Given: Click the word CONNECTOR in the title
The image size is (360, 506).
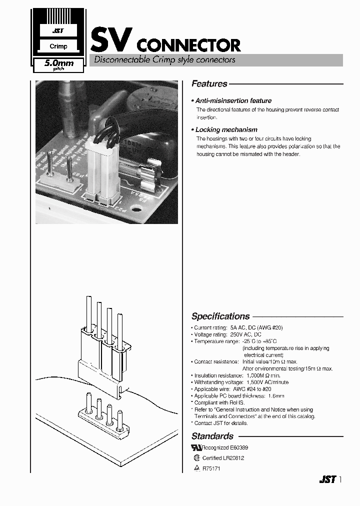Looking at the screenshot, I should [188, 46].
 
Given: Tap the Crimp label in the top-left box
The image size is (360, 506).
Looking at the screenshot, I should [58, 46].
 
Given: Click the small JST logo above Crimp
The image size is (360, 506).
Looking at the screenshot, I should [58, 31].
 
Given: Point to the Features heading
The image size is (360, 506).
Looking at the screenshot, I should [209, 84].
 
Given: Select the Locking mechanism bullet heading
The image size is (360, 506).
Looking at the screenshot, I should [226, 129].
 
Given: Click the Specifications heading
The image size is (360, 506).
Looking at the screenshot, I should [220, 316].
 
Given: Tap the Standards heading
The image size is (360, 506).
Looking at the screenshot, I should [212, 436].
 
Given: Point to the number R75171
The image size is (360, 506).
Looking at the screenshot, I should [211, 468].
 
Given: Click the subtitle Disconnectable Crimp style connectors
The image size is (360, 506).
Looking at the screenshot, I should [162, 60].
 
